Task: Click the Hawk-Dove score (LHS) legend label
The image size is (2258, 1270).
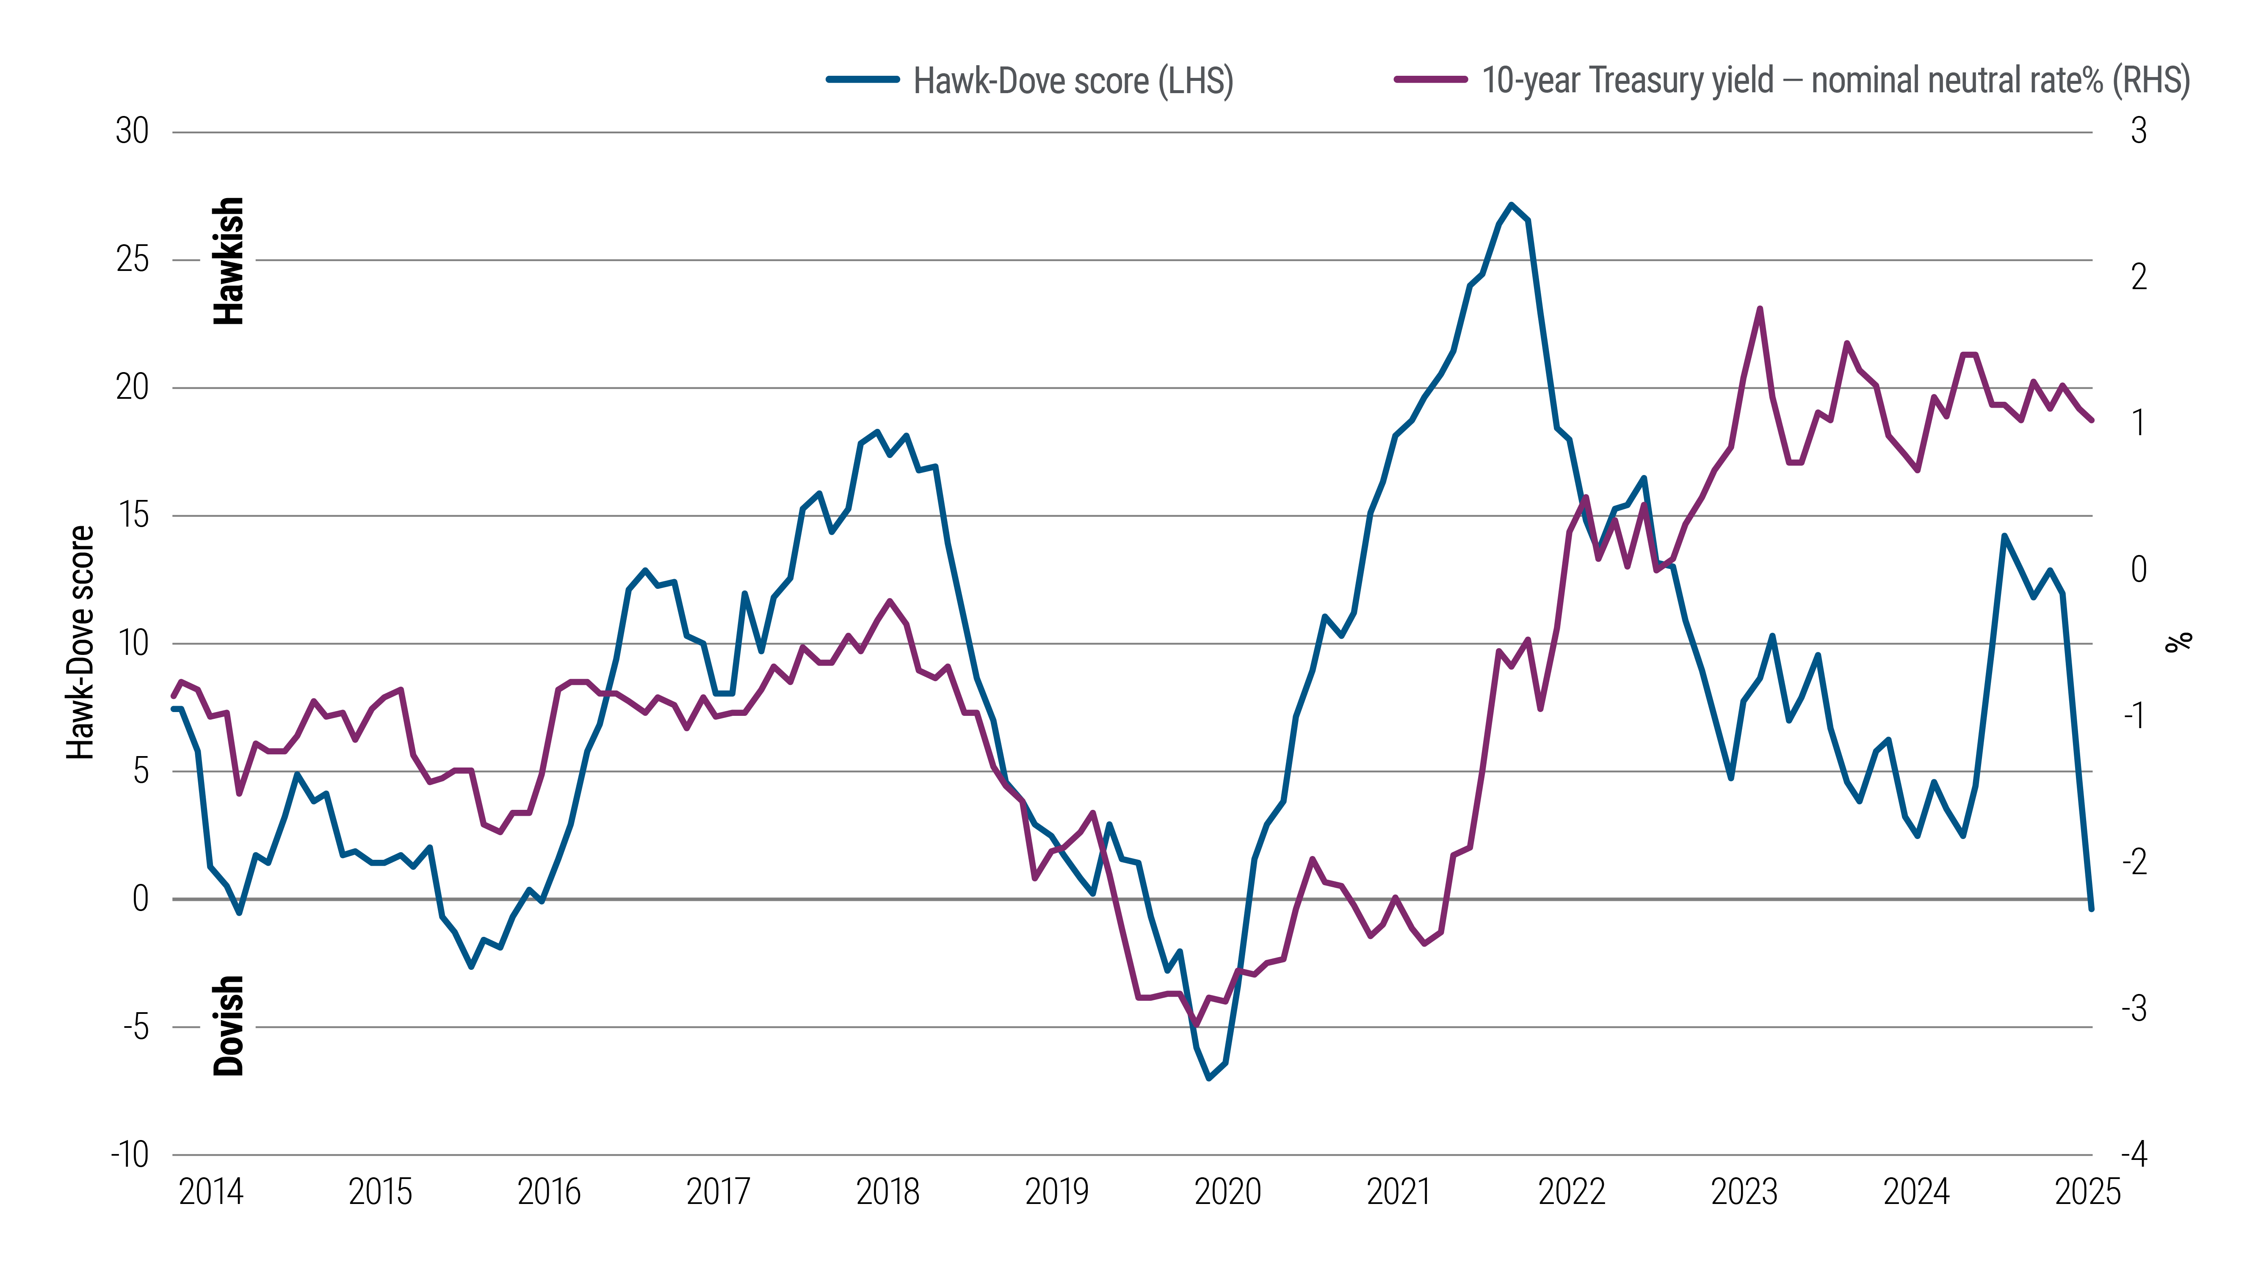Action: pos(1073,80)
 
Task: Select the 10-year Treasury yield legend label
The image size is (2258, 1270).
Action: pos(1835,80)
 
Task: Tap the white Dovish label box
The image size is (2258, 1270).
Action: pos(228,1025)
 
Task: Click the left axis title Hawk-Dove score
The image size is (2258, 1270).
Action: pos(80,643)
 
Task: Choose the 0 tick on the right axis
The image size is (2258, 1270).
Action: pos(2139,570)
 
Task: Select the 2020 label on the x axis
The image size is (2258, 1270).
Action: pos(1227,1192)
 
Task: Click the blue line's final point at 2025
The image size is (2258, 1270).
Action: pos(2092,909)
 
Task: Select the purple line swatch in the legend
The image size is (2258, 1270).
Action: pos(1431,80)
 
